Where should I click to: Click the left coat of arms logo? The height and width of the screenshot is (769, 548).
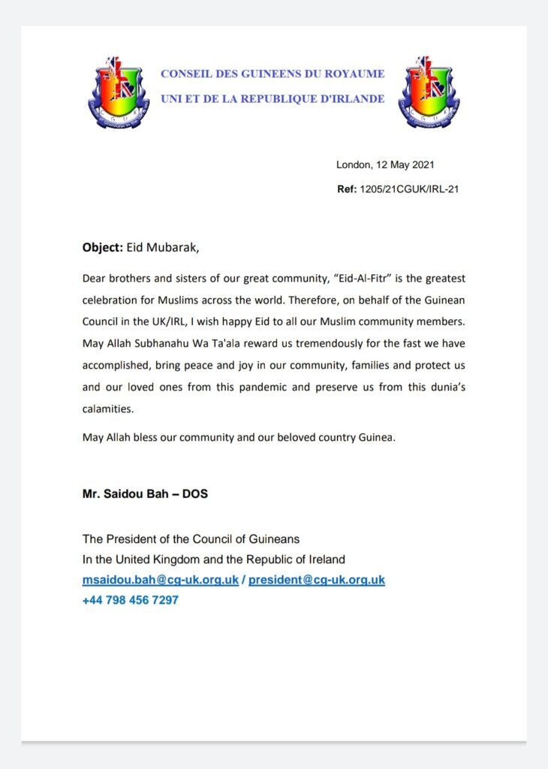[x=119, y=91]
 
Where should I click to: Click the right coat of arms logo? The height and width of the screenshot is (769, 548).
[x=429, y=91]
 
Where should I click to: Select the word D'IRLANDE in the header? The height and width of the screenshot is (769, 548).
[x=349, y=99]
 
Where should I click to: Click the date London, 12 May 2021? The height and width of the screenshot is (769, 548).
[x=384, y=165]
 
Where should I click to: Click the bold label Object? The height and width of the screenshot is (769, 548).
[x=102, y=247]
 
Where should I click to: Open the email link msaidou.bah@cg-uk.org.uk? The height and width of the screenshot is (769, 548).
[x=160, y=581]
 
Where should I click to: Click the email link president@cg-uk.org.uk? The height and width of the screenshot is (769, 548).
[x=316, y=581]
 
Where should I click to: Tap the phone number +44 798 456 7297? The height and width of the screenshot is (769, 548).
[x=130, y=600]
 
